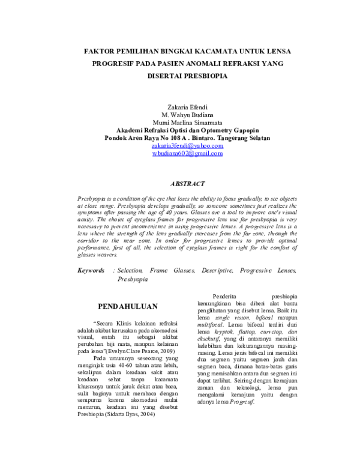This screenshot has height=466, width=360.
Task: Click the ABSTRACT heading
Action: [x=188, y=183]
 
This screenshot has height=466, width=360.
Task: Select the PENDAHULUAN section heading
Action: [x=127, y=306]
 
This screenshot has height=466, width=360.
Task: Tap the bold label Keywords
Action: [x=91, y=271]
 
